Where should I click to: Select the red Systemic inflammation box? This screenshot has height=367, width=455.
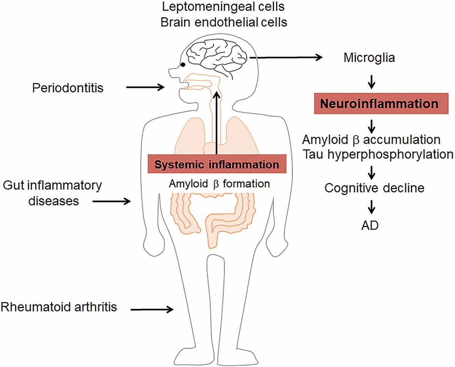pyautogui.click(x=216, y=165)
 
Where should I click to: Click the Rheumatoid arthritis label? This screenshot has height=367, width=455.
pyautogui.click(x=59, y=306)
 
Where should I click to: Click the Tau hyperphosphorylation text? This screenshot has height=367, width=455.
pyautogui.click(x=378, y=154)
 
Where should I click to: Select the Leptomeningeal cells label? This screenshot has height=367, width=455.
pyautogui.click(x=223, y=7)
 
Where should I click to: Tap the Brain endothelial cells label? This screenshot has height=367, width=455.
pyautogui.click(x=224, y=22)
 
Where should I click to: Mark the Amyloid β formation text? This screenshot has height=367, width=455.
pyautogui.click(x=219, y=184)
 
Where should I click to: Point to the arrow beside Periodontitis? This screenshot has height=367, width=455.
pyautogui.click(x=145, y=88)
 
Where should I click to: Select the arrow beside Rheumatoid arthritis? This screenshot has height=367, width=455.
pyautogui.click(x=152, y=309)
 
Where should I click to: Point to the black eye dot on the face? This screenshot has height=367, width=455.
pyautogui.click(x=183, y=65)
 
